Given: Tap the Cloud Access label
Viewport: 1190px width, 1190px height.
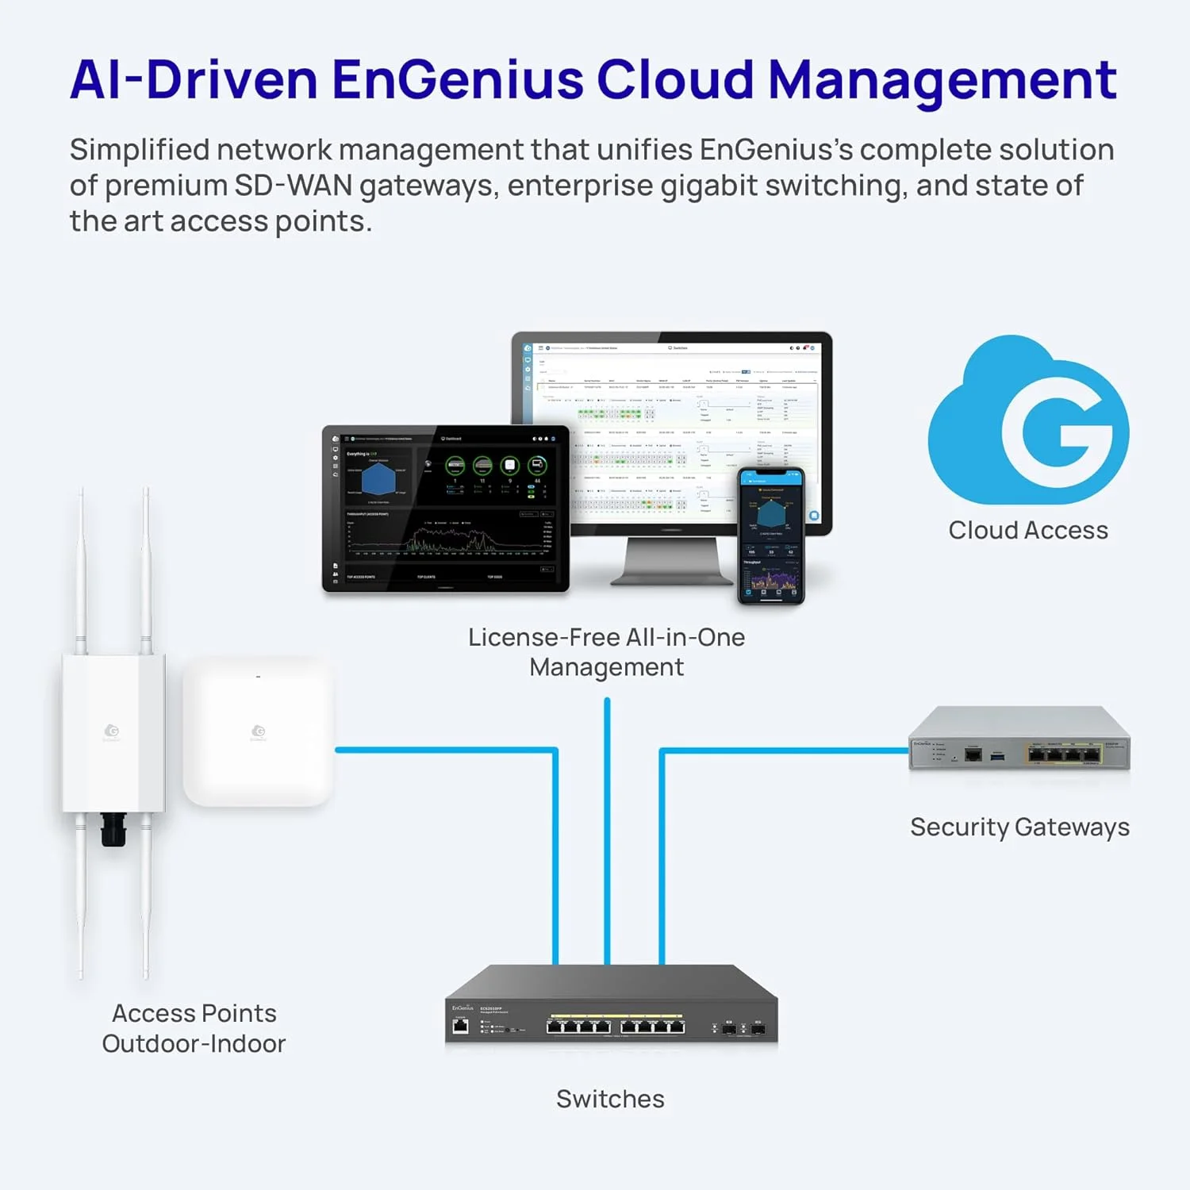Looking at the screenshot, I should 1028,530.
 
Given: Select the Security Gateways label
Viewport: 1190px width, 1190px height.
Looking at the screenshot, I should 1019,827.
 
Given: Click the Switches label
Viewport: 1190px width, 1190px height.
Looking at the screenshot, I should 610,1099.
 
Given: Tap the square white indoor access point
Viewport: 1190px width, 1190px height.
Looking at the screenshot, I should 258,731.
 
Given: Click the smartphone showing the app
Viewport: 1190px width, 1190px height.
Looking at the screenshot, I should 770,535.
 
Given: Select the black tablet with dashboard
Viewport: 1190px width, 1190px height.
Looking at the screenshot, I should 445,509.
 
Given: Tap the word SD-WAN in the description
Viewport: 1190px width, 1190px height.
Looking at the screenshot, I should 293,186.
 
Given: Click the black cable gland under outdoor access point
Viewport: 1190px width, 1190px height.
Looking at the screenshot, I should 113,829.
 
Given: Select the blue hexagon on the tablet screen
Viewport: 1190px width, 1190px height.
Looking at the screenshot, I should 378,479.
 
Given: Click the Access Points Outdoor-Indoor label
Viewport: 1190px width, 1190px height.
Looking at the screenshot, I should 194,1028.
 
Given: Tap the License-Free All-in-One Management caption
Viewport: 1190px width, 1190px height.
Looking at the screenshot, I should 606,652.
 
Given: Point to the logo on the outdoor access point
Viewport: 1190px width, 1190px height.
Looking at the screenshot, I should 112,731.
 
